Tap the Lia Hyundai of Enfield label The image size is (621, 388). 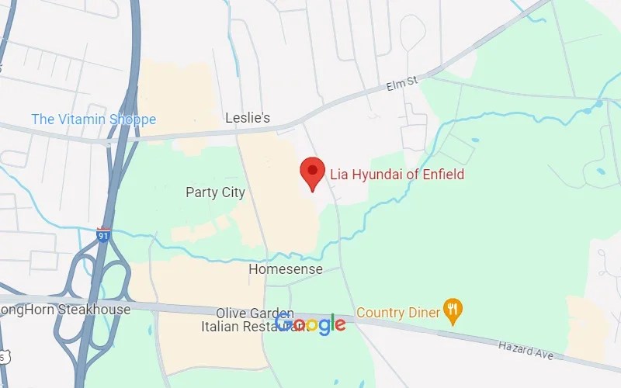397,175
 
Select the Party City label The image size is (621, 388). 215,192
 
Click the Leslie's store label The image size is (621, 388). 248,118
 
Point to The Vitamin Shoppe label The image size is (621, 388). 93,120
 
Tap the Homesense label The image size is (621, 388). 279,269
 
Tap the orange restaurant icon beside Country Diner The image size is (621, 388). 452,312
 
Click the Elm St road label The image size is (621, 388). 403,87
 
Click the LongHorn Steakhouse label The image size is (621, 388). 65,310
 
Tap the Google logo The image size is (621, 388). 310,324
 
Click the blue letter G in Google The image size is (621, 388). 284,324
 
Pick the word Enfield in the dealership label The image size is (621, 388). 439,175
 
